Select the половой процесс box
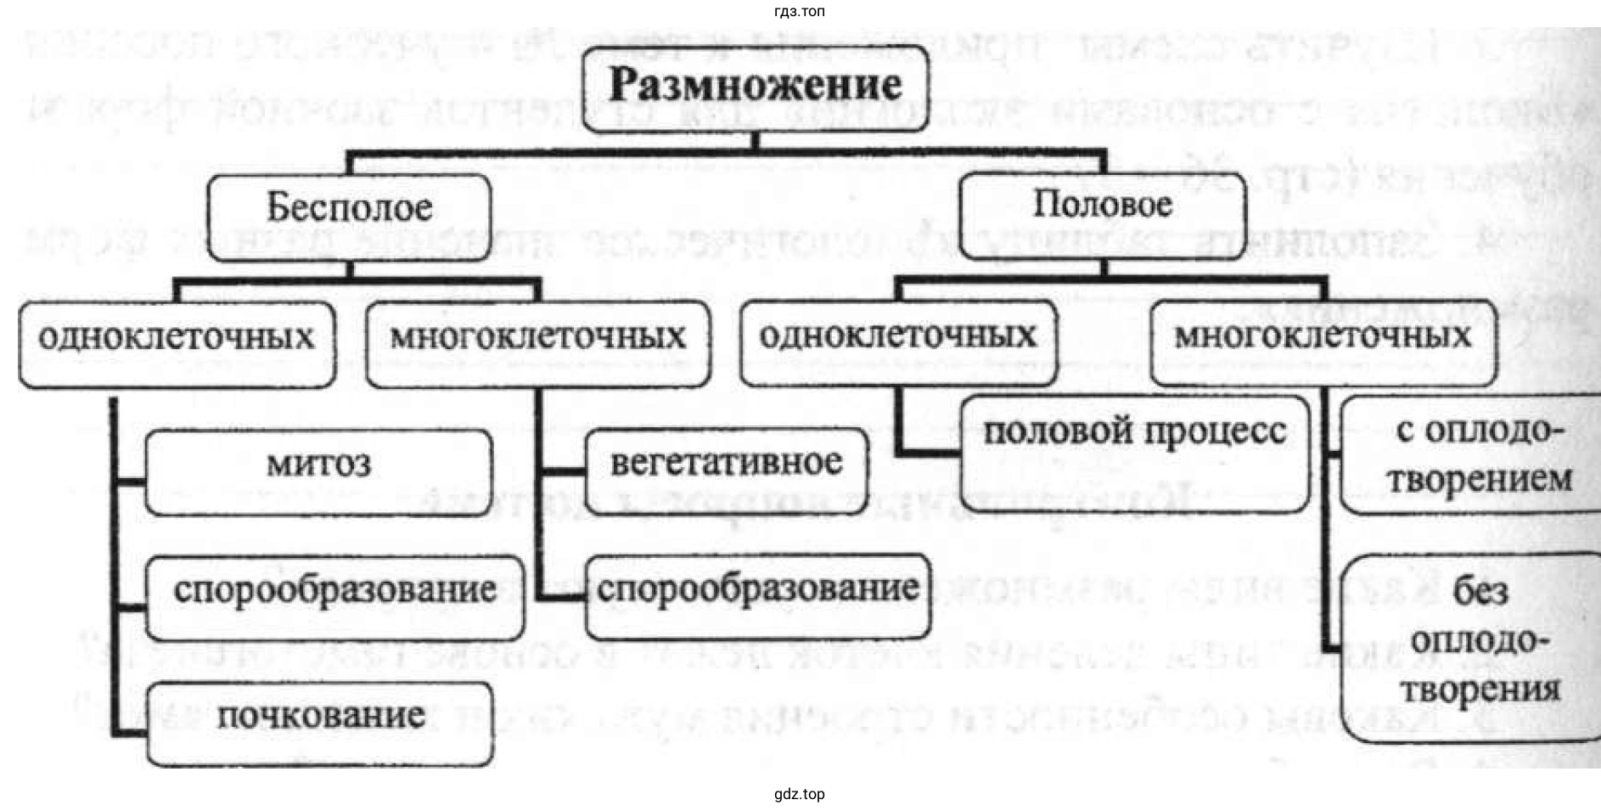point(1135,452)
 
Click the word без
point(1480,592)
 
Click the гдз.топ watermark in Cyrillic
point(799,11)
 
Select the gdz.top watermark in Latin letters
point(799,795)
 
